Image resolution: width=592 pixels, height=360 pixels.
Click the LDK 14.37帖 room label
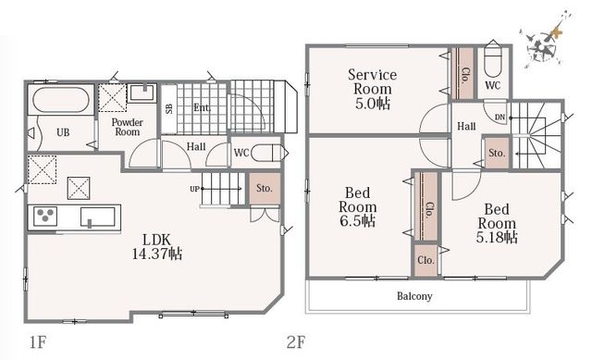click(156, 247)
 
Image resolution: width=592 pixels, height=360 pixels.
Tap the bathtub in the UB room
click(61, 100)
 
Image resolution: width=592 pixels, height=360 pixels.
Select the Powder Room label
click(128, 128)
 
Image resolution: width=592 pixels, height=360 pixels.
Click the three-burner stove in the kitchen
click(45, 217)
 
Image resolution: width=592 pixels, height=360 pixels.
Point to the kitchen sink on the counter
click(98, 217)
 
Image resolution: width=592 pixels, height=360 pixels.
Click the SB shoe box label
click(169, 109)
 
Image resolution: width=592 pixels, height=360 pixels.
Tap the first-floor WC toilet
click(267, 153)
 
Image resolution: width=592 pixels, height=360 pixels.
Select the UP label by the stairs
click(194, 189)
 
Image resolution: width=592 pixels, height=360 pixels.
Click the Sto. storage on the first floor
click(265, 189)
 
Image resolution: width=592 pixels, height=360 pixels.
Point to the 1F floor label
click(37, 341)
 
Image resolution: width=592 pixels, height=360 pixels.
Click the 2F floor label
click(295, 342)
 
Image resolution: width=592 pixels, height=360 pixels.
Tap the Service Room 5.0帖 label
click(372, 89)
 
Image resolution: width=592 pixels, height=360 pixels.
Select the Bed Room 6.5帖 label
click(358, 206)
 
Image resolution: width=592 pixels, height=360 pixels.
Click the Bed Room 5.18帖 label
click(497, 223)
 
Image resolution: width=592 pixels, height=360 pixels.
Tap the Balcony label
click(414, 296)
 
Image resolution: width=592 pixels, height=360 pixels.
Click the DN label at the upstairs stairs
click(499, 118)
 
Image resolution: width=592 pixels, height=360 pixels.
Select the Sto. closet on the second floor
click(497, 153)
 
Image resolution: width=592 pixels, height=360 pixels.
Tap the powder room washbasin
click(142, 93)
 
